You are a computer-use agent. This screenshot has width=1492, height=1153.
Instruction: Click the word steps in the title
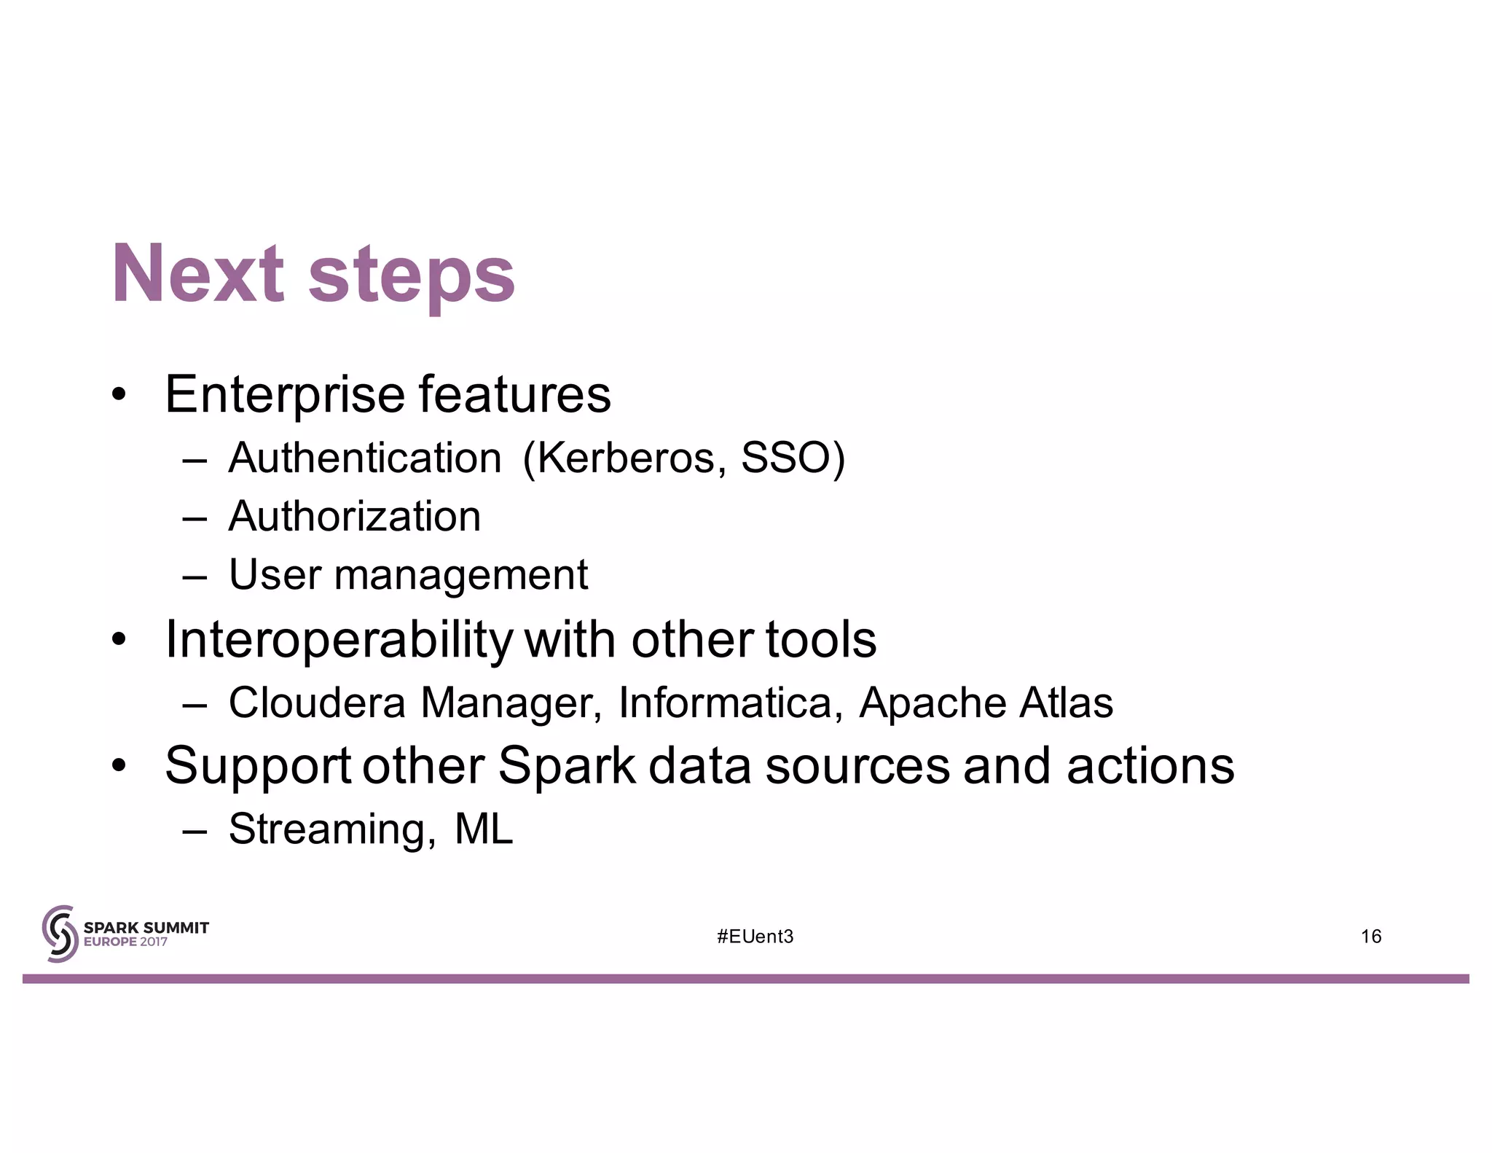(x=412, y=277)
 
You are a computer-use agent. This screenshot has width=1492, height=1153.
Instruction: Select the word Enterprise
(x=285, y=396)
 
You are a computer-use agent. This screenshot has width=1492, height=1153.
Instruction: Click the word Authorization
(x=355, y=517)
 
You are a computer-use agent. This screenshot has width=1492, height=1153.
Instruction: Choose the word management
(x=460, y=576)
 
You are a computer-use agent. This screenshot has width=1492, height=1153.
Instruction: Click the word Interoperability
(x=339, y=641)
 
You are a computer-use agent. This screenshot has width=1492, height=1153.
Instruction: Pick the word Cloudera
(x=317, y=703)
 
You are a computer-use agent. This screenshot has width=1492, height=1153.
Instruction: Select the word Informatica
(x=725, y=703)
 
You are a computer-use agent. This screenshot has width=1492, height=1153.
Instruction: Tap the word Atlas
(x=1066, y=703)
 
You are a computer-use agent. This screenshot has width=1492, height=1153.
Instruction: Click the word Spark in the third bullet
(x=566, y=766)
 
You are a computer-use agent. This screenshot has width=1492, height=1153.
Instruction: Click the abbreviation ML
(x=483, y=829)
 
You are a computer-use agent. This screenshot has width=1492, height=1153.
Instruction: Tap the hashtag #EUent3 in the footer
(x=755, y=937)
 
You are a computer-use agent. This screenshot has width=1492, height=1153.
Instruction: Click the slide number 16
(x=1370, y=937)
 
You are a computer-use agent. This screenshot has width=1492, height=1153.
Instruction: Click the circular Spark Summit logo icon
(x=60, y=934)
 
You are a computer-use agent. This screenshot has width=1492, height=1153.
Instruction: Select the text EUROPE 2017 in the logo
(x=125, y=942)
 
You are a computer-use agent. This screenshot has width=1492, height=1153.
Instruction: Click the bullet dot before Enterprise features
(x=119, y=396)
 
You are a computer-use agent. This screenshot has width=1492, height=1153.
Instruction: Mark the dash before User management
(x=195, y=576)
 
